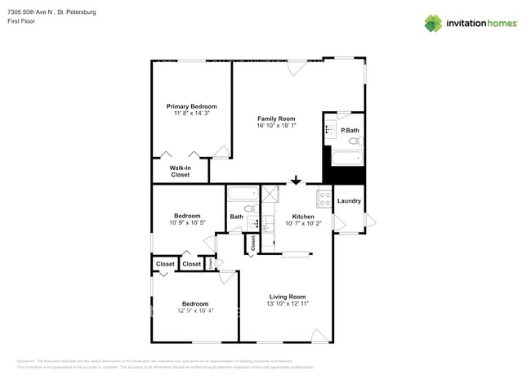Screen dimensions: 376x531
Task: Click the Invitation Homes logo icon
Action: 433,23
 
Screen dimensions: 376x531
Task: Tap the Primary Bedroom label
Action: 191,106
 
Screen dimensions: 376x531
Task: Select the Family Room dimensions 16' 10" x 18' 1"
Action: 276,126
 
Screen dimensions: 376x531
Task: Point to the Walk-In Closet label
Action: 180,171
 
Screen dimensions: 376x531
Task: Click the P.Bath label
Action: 350,131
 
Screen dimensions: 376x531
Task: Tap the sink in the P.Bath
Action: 329,129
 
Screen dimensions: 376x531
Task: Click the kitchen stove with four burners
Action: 324,197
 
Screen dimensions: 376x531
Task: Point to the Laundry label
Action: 349,201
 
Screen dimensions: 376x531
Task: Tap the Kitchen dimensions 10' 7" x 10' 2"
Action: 303,223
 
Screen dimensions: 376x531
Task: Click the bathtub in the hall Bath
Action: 243,195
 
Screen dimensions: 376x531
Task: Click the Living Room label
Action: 287,297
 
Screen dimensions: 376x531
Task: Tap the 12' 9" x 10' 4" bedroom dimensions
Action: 194,311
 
